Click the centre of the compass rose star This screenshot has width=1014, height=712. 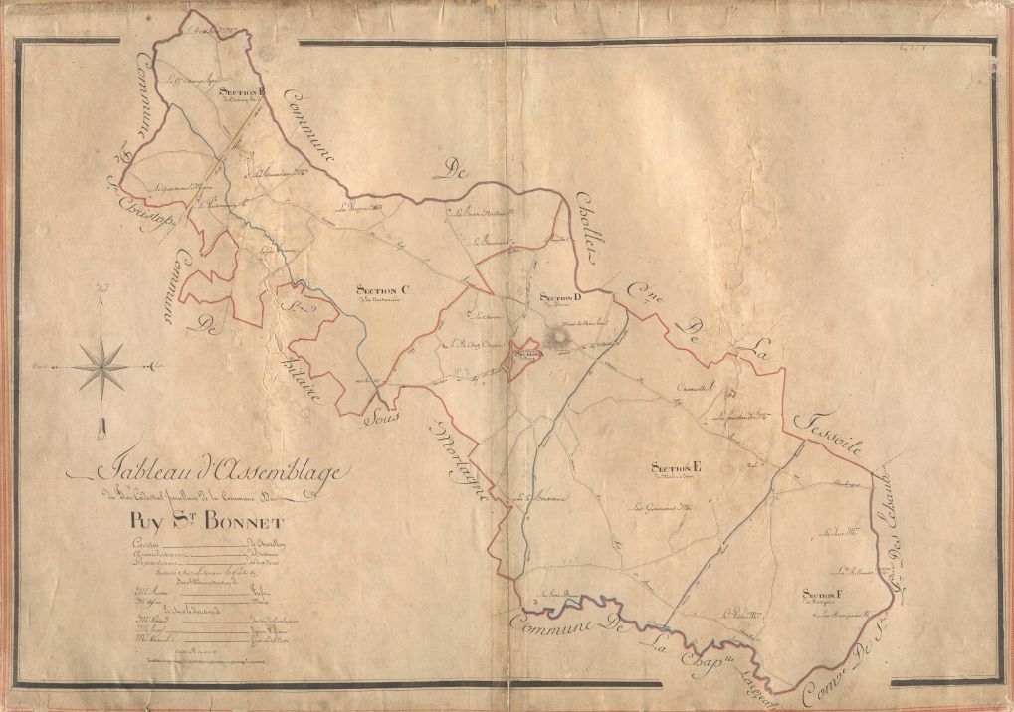point(101,366)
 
